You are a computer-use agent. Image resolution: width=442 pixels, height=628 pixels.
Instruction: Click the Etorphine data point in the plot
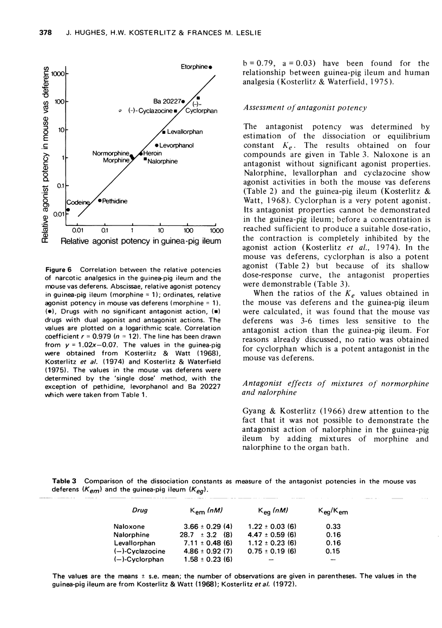coord(210,67)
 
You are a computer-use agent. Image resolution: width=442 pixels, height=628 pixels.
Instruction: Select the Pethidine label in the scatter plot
coord(115,201)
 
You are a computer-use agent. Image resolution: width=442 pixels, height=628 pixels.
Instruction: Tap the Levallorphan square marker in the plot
coord(164,132)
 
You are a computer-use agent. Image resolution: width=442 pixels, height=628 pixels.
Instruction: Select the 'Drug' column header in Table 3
coord(125,510)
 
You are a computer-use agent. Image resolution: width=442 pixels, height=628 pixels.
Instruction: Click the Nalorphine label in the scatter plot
coord(162,161)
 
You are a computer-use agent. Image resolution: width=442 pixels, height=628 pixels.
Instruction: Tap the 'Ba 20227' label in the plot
coord(167,101)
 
